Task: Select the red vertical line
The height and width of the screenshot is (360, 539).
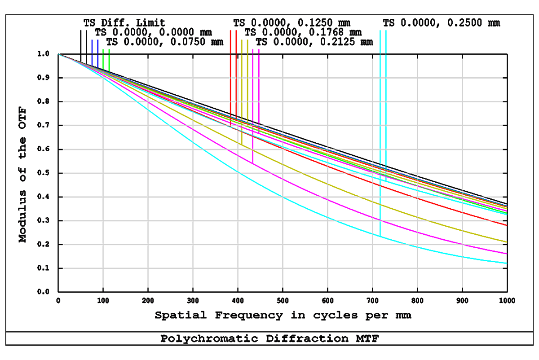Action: [231, 81]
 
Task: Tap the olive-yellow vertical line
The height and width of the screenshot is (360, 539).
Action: [245, 85]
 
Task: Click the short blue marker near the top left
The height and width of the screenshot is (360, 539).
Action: [94, 49]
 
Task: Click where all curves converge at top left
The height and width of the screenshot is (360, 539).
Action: [60, 55]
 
